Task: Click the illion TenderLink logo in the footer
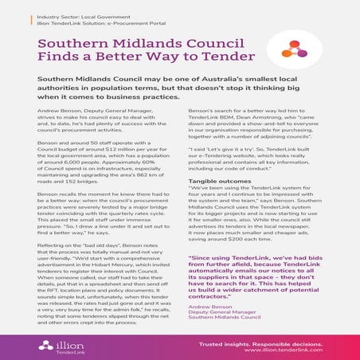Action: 53,344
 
